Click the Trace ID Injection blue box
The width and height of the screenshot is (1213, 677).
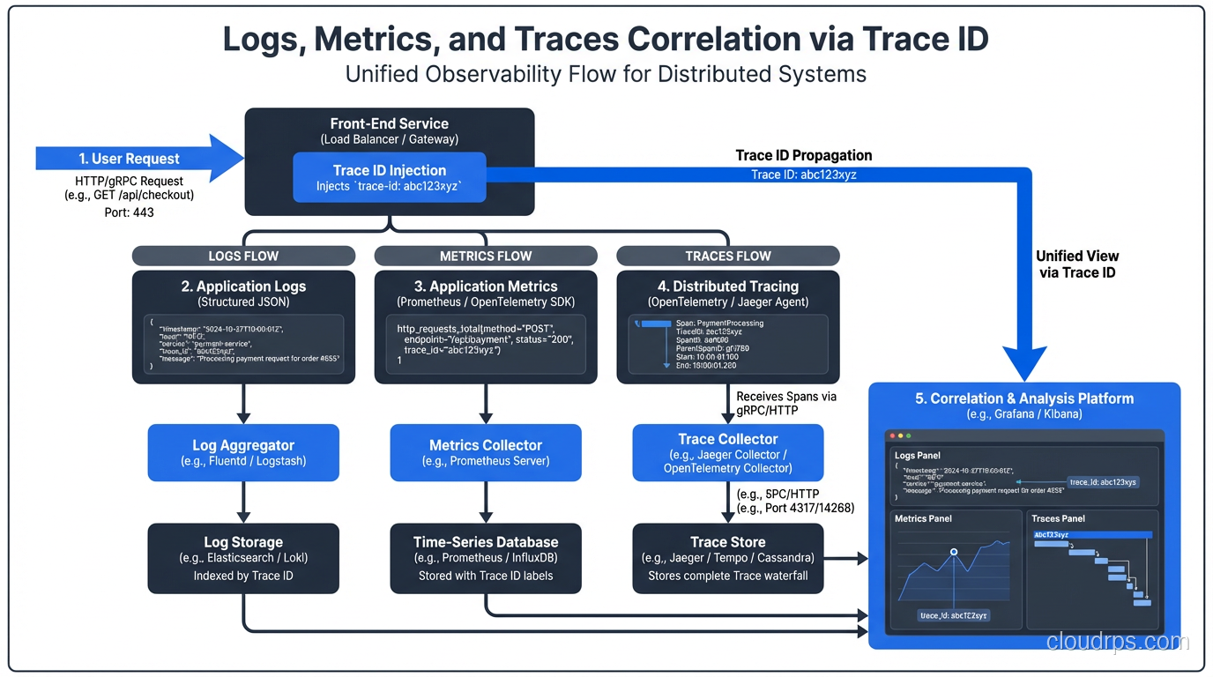[389, 177]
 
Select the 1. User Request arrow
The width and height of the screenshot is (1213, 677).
[132, 159]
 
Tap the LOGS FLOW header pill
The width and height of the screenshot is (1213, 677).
[243, 256]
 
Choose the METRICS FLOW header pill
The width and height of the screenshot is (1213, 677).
[486, 256]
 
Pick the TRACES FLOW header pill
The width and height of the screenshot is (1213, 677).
[728, 256]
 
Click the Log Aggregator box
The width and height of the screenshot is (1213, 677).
[243, 453]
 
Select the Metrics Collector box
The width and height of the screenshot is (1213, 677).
[486, 453]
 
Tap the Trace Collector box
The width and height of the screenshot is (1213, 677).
[728, 453]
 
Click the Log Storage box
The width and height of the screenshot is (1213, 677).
[243, 558]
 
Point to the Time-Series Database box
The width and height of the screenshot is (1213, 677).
[486, 558]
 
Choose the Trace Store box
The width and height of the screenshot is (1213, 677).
[728, 558]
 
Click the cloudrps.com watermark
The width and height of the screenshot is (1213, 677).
[1117, 642]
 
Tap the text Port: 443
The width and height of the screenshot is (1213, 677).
[129, 212]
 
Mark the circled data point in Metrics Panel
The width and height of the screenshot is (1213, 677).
[954, 553]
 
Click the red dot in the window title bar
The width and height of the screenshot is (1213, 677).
[892, 436]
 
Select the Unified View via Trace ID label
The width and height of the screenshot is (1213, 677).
[1076, 264]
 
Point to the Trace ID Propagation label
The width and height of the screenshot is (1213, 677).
[804, 155]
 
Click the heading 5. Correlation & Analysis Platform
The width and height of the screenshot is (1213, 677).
[1024, 398]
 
